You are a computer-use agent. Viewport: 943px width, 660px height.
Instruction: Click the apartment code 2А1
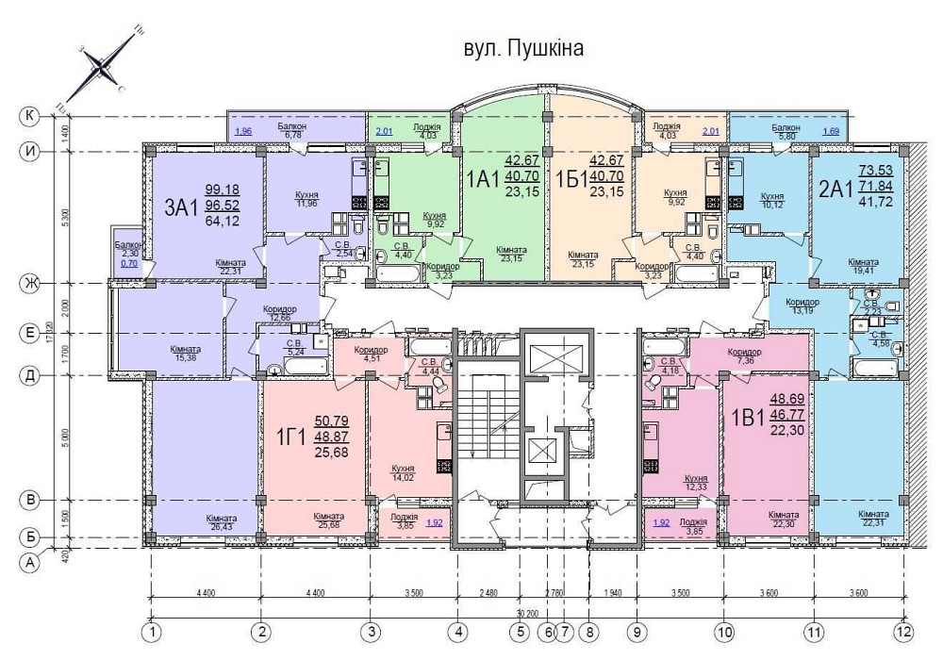(835, 190)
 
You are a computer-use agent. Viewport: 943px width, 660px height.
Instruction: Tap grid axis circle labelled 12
(903, 631)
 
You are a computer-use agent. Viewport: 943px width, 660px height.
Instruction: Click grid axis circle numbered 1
(151, 631)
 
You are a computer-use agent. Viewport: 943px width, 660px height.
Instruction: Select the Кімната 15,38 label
(184, 353)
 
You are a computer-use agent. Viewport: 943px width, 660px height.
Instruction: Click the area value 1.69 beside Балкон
(831, 131)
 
